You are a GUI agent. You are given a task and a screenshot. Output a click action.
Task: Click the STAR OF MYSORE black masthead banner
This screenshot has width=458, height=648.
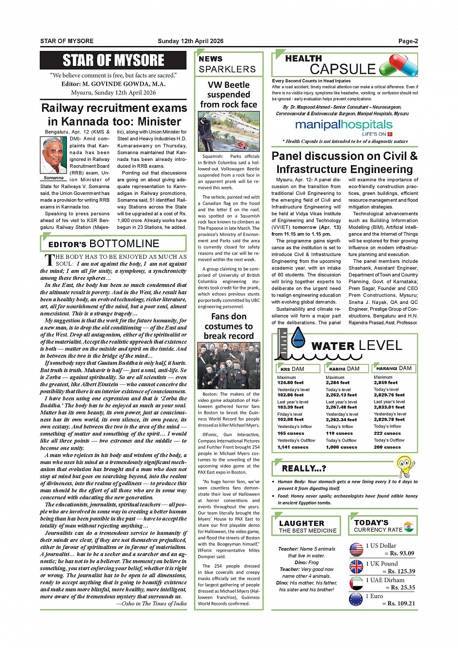tap(113, 61)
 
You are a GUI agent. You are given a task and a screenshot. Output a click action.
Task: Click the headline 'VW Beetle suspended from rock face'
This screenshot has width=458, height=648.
tap(229, 95)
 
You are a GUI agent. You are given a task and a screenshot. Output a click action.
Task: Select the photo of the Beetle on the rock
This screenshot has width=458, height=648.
tap(229, 131)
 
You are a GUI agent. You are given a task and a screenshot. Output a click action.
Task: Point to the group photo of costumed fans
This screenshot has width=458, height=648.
tap(229, 366)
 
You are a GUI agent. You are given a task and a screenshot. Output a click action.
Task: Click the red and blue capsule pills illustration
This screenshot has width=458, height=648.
tap(398, 65)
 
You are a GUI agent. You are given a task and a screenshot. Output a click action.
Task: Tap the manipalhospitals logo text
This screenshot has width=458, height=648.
tap(344, 125)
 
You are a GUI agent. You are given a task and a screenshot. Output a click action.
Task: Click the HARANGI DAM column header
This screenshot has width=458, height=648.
tap(394, 368)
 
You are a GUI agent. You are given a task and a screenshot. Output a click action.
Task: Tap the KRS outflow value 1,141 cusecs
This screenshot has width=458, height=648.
tap(293, 447)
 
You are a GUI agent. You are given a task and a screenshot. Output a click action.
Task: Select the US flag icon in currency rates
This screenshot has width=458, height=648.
tap(356, 550)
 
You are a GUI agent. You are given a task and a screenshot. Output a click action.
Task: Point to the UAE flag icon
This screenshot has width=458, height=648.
tap(356, 583)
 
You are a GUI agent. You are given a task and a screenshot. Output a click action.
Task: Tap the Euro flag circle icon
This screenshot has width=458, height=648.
tap(356, 600)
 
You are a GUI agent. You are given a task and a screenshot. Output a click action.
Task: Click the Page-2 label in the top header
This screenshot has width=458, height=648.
tap(408, 41)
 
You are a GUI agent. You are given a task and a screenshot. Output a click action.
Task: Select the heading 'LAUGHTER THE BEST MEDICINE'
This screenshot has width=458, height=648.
tap(308, 526)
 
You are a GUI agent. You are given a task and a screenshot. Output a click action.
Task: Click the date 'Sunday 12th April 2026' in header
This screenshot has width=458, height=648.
tap(190, 41)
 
